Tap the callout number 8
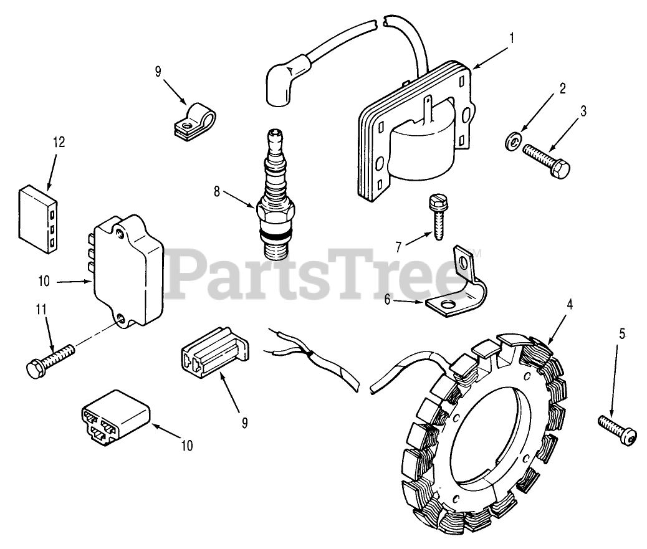(x=216, y=192)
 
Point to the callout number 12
(x=58, y=142)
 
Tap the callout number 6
(x=388, y=299)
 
